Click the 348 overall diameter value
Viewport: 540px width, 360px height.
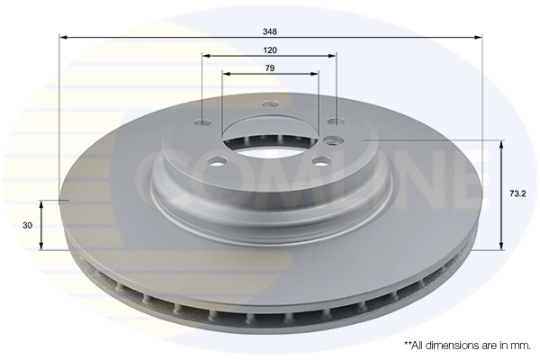tap(270, 31)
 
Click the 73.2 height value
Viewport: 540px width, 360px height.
tap(517, 193)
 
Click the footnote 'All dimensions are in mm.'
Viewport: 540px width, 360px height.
tap(467, 345)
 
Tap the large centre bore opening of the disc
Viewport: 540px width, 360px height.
tap(269, 145)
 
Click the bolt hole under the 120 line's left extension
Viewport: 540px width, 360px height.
tap(203, 124)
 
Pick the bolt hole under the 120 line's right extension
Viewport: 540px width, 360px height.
tap(334, 123)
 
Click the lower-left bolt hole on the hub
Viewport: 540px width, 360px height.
tap(217, 162)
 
